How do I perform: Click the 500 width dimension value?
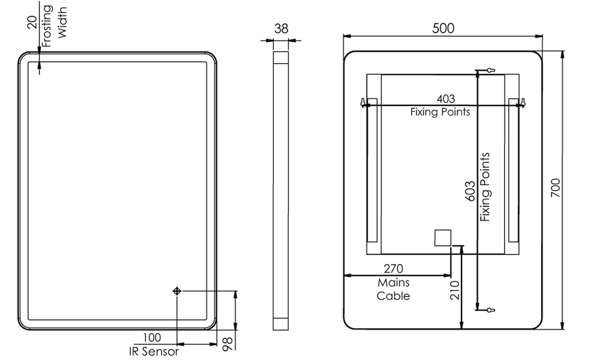coord(443,28)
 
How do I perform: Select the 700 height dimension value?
coord(556,188)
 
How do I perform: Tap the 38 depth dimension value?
coord(281,29)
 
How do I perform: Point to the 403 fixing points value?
coord(445,99)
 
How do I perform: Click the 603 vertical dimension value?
coord(470,191)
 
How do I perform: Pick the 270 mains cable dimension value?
coord(394,269)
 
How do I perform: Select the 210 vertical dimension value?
coord(455,291)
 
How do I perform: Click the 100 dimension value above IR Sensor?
coord(152,338)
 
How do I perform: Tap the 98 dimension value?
coord(227,344)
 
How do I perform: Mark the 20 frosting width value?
coord(33,22)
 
